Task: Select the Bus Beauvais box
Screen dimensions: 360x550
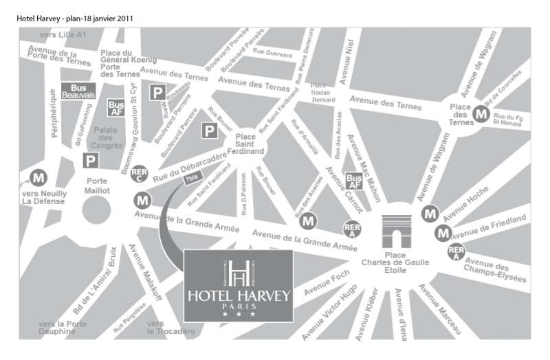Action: [78, 91]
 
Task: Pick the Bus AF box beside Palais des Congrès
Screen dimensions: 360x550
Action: [115, 108]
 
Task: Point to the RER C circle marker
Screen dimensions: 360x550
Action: [139, 173]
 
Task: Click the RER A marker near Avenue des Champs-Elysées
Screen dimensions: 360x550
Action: [455, 252]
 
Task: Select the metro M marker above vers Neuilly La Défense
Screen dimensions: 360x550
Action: [39, 177]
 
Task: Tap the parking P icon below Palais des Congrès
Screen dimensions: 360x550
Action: [90, 160]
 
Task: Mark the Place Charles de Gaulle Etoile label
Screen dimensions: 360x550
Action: [395, 262]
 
